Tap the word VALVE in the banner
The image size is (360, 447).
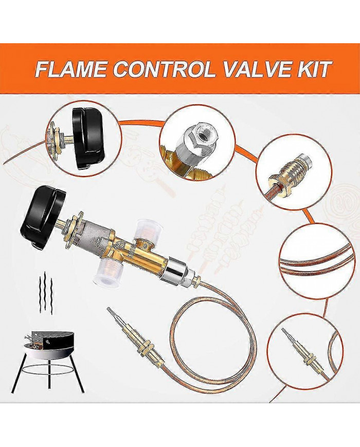(x=257, y=69)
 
